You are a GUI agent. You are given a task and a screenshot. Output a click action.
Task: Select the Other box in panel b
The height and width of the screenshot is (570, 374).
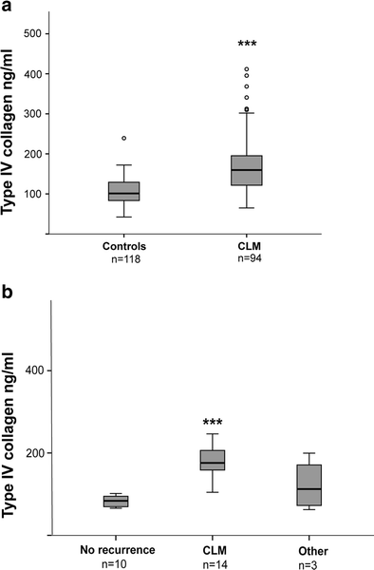click(x=309, y=484)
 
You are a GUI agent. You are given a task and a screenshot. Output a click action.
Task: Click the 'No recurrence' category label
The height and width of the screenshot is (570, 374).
click(x=116, y=549)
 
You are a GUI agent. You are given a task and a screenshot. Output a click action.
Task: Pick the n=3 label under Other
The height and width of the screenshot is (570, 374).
click(x=309, y=561)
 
